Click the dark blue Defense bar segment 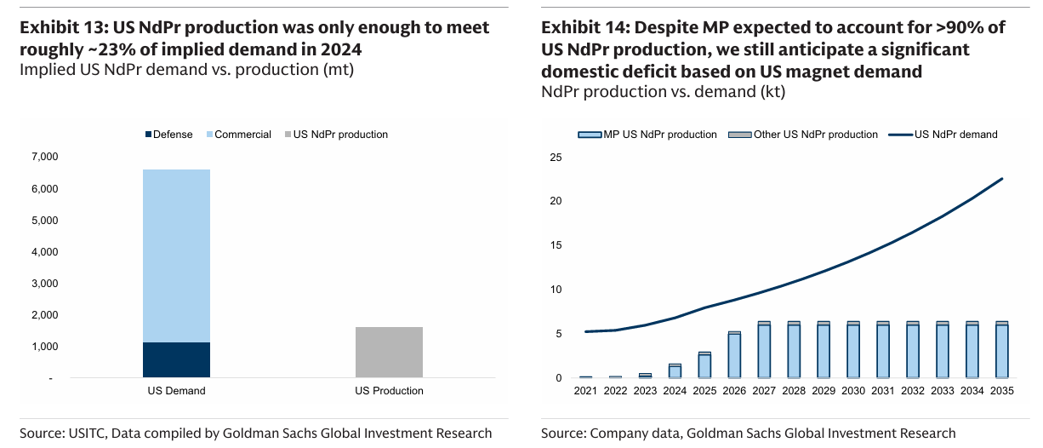pyautogui.click(x=176, y=359)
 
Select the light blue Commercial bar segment pyautogui.click(x=176, y=256)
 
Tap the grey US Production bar pyautogui.click(x=389, y=352)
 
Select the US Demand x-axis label pyautogui.click(x=176, y=391)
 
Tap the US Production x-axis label pyautogui.click(x=389, y=391)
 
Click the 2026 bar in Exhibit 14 pyautogui.click(x=734, y=355)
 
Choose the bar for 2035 pyautogui.click(x=1000, y=350)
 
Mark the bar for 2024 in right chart pyautogui.click(x=675, y=371)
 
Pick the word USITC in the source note pyautogui.click(x=88, y=433)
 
